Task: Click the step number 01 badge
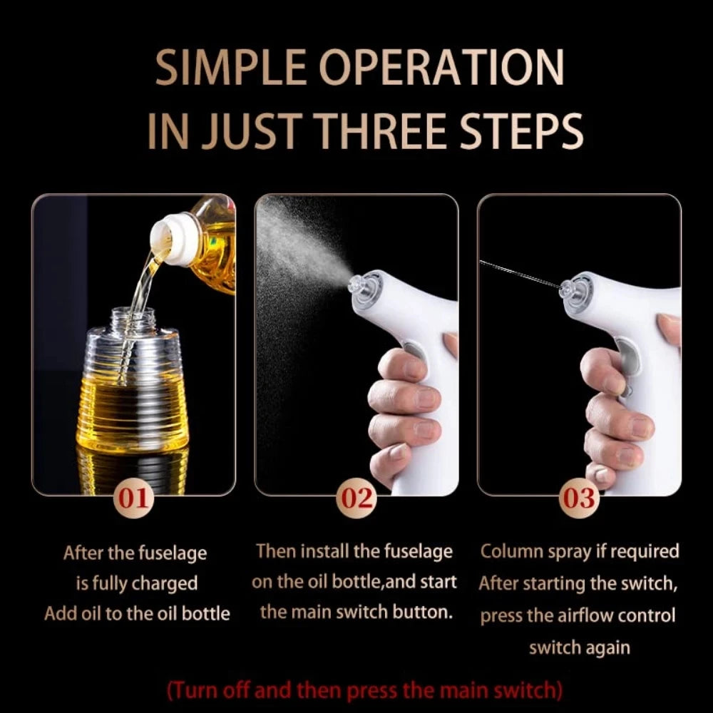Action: click(133, 498)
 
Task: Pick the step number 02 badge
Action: click(356, 498)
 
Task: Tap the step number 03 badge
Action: click(579, 498)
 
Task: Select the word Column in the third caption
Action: click(511, 551)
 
